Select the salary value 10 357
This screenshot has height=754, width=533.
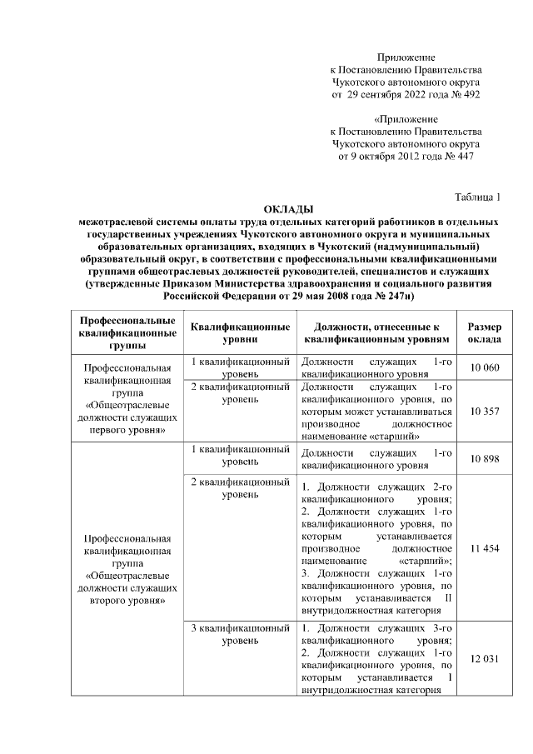484,411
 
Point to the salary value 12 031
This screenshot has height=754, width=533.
484,659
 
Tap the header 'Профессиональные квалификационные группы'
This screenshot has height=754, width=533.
127,332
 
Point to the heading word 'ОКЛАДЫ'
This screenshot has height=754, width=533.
287,209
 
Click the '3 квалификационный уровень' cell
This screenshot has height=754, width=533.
240,634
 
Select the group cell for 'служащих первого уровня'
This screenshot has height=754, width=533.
127,399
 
